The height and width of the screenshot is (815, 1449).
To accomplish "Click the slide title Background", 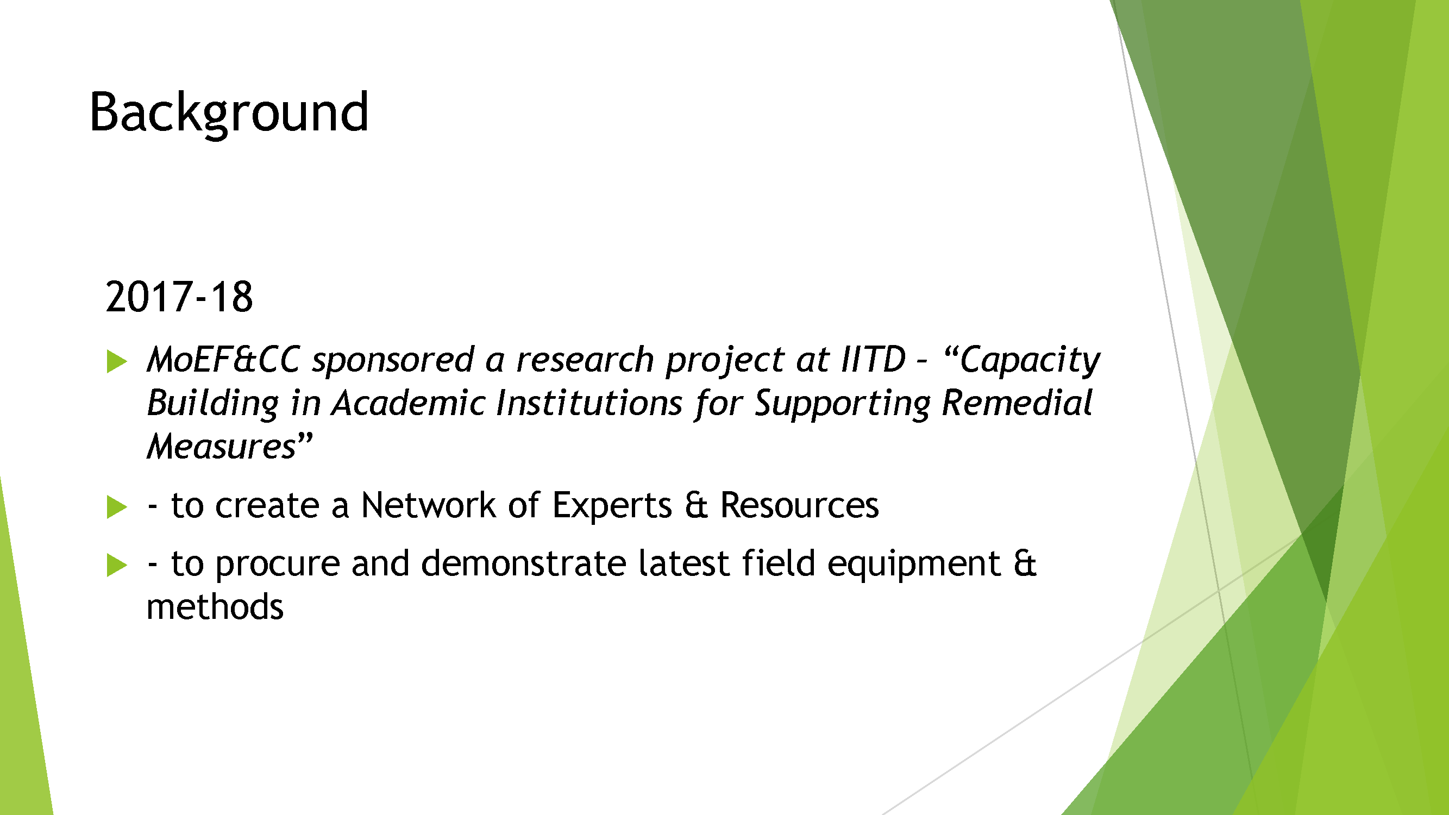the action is tap(229, 112).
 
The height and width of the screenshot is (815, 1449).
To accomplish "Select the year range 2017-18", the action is tap(179, 297).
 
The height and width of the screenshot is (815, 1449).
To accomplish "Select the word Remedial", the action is tap(1017, 403).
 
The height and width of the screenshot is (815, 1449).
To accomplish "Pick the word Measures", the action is tap(221, 447).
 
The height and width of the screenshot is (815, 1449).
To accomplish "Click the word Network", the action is tap(428, 505).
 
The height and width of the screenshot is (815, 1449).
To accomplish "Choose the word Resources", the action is tap(799, 505).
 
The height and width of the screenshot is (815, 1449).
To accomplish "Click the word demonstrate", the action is tap(523, 563).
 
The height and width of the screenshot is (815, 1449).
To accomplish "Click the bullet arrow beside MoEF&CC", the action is tap(116, 361).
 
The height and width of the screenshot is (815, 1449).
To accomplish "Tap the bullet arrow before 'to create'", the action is tap(116, 507).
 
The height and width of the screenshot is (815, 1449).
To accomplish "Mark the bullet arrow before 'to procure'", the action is tap(116, 565).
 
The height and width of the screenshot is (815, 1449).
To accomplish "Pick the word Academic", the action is tap(409, 403).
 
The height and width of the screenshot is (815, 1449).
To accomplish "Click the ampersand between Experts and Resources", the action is tap(696, 505).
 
